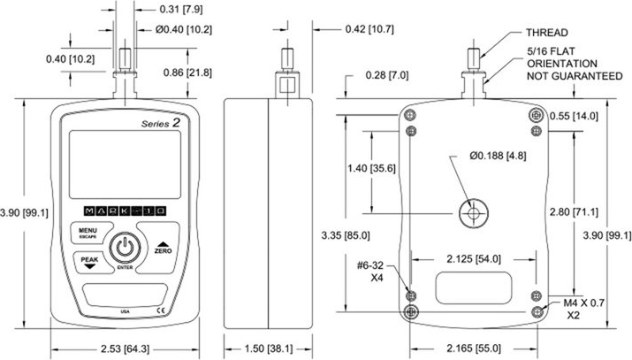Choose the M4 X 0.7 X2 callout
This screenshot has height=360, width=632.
point(583,310)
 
